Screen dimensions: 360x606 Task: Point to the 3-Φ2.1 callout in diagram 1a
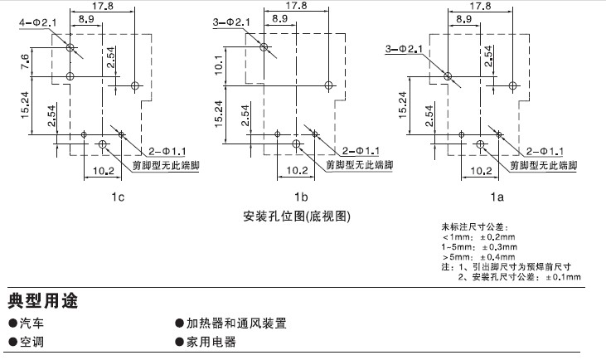[404, 49]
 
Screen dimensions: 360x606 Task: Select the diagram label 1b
[301, 197]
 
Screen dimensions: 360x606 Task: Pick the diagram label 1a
[497, 197]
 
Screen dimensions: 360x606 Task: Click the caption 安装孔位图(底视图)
[298, 216]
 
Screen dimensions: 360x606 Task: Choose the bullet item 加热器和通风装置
[235, 323]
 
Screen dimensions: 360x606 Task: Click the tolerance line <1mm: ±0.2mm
[478, 236]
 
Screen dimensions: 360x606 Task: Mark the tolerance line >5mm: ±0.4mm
[478, 256]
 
